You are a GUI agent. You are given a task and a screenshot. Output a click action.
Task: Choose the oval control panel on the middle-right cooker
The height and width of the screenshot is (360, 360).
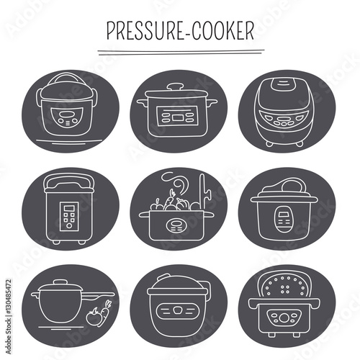point(284,216)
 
